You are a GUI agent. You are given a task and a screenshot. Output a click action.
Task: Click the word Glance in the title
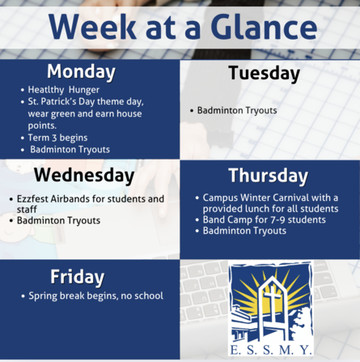[264, 27]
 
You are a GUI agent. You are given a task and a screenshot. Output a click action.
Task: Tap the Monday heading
[81, 72]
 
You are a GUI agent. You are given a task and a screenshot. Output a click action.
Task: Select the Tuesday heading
[264, 73]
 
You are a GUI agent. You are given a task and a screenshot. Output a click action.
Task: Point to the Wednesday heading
[84, 175]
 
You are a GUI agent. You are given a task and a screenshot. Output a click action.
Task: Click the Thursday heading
[268, 176]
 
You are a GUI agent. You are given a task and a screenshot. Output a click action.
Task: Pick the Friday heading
[77, 277]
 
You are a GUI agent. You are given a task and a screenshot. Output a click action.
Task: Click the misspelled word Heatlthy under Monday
[46, 90]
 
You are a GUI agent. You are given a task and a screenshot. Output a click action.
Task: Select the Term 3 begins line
[57, 138]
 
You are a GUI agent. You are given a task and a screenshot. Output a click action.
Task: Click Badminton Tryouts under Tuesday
[237, 110]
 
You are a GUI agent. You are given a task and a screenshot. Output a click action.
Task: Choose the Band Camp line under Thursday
[265, 219]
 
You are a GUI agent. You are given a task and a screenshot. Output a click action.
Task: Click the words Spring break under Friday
[57, 296]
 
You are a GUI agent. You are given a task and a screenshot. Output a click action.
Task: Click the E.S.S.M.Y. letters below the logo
[271, 350]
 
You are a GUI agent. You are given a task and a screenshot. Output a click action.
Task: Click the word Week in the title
[92, 27]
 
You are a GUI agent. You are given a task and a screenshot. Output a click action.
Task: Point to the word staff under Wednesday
[27, 210]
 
